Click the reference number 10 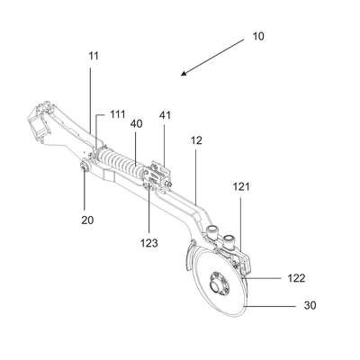click(258, 36)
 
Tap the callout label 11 click(94, 56)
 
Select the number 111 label click(117, 114)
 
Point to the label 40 click(136, 123)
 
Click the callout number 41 click(165, 115)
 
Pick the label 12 click(196, 140)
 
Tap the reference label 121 click(241, 187)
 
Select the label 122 click(296, 278)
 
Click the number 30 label click(310, 306)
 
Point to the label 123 click(149, 243)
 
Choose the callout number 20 click(87, 220)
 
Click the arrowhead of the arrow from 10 click(184, 73)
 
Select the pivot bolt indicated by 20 click(84, 166)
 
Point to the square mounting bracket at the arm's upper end click(39, 121)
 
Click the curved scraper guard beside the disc click(188, 256)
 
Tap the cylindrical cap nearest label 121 click(229, 240)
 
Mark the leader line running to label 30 click(270, 306)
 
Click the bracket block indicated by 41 click(159, 177)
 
